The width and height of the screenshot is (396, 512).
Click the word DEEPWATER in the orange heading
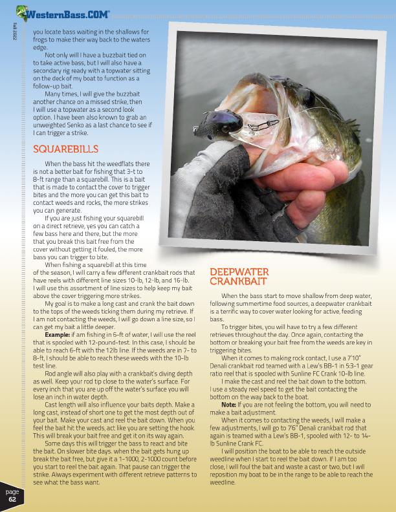[238, 272]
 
